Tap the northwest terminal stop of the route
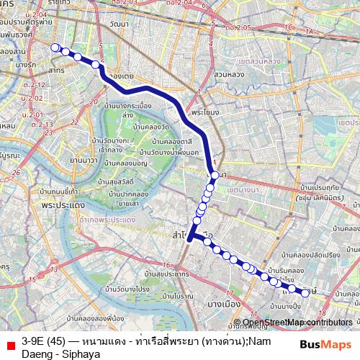[55, 48]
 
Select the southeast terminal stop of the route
[306, 293]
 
